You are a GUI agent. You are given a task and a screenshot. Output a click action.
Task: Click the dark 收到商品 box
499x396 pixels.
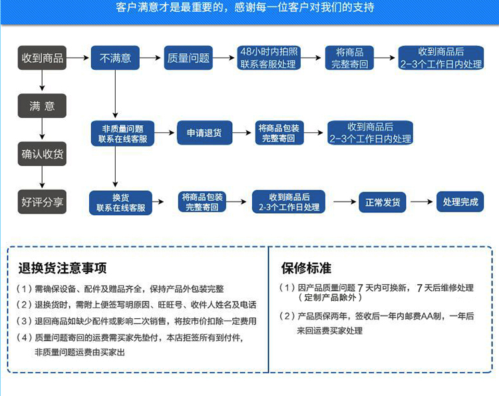click(43, 59)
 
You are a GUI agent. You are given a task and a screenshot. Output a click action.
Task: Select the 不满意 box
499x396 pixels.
click(115, 59)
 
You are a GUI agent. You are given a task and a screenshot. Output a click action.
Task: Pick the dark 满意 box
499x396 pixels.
click(43, 106)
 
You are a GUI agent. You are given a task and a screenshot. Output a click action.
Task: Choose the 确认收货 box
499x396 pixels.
click(43, 154)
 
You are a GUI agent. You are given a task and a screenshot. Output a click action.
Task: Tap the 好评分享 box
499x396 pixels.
click(43, 201)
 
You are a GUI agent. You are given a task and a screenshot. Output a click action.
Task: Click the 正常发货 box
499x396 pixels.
click(383, 202)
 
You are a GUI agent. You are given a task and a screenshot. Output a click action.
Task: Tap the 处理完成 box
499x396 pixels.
click(460, 202)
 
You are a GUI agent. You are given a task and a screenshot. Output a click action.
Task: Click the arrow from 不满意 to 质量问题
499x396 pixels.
click(151, 59)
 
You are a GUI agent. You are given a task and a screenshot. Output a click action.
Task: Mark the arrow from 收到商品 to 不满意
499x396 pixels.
click(79, 59)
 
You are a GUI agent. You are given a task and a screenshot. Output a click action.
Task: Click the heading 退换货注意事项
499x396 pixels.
click(63, 269)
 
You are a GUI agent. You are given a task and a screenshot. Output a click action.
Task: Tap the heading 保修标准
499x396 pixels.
click(306, 269)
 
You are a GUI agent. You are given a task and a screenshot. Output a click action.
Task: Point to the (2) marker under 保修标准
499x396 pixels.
click(287, 316)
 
